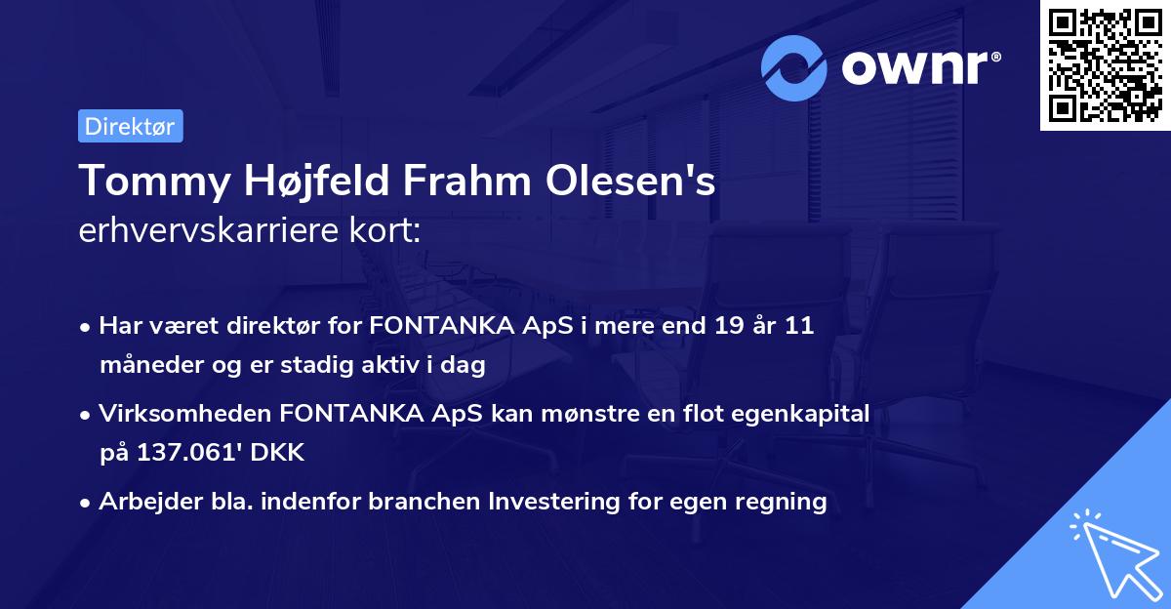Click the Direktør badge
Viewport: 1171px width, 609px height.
[130, 126]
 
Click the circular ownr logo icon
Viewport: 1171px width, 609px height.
[794, 67]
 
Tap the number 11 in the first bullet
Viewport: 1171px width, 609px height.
[798, 326]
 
